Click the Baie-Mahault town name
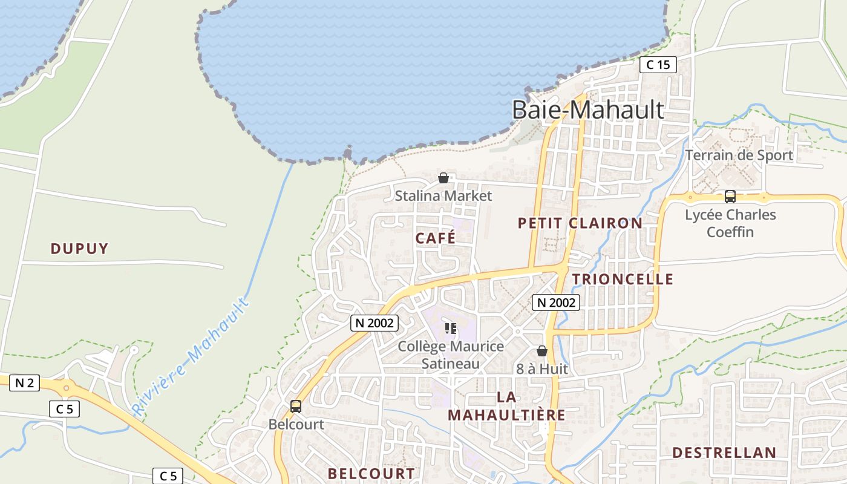point(587,110)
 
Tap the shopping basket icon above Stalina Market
point(443,178)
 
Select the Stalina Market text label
point(443,195)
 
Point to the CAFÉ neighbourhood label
point(436,238)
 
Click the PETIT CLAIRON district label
point(580,223)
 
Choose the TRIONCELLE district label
point(623,279)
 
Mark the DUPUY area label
point(79,249)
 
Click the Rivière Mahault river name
point(191,356)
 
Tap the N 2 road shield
point(24,382)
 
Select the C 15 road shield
point(658,65)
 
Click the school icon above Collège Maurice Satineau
point(451,329)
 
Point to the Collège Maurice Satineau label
point(451,355)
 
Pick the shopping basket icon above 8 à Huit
point(542,351)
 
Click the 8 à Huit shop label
point(542,368)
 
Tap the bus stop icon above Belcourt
point(296,407)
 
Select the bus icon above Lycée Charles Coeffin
point(730,197)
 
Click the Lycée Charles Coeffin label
point(730,223)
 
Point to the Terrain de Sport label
point(739,155)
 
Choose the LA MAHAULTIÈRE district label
point(506,406)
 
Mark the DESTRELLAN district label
point(724,453)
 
